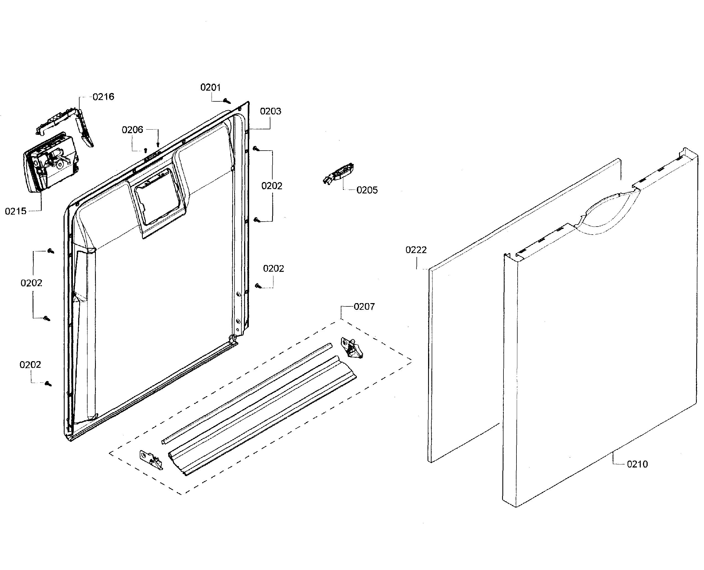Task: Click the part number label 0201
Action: point(210,87)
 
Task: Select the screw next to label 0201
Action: point(226,101)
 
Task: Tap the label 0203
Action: point(270,111)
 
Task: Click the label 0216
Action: point(103,97)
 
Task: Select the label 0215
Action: point(15,211)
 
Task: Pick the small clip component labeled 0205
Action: point(339,173)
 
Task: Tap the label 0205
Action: point(367,190)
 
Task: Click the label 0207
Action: point(364,307)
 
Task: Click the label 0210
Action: point(637,464)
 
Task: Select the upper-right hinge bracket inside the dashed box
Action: point(351,348)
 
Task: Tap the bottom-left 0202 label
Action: point(30,365)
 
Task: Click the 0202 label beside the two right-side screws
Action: point(272,186)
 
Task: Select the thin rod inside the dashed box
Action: point(246,394)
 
